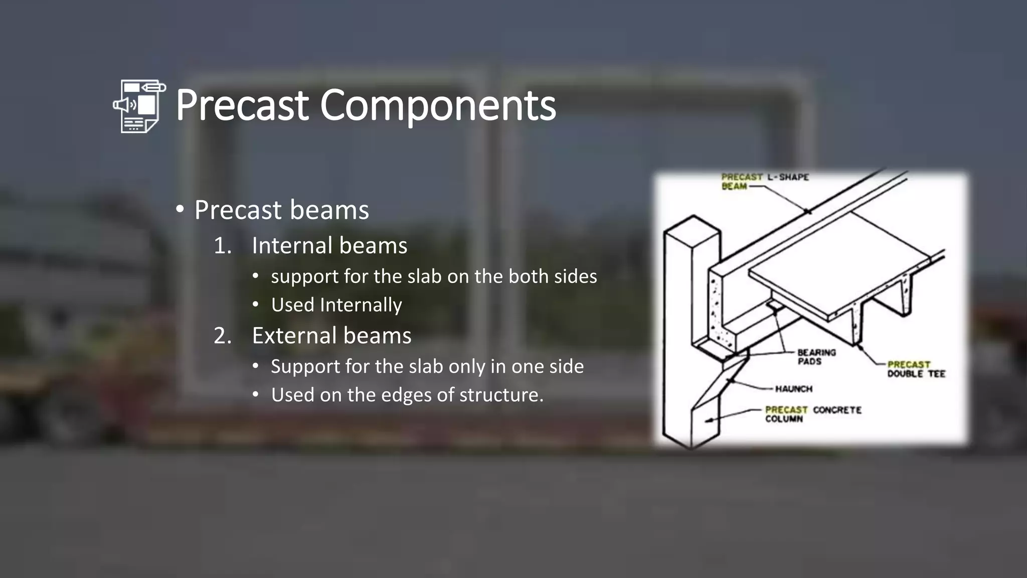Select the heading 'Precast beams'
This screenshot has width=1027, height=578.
pos(281,210)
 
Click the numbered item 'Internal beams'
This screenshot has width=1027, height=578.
pos(329,245)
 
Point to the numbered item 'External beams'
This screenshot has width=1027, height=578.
pos(331,335)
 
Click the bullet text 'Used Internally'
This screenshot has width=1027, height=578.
pos(336,305)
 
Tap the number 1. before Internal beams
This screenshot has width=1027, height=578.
pos(223,246)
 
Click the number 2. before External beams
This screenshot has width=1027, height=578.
pos(223,336)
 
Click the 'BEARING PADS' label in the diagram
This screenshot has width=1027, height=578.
pos(816,357)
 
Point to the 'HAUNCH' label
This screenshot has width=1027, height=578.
pos(793,389)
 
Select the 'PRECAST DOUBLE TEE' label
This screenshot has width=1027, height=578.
pos(916,369)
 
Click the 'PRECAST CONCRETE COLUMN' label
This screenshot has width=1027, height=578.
pos(812,414)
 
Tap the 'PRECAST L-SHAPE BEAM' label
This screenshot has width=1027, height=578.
pos(764,181)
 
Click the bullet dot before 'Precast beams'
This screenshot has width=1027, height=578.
pos(180,209)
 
